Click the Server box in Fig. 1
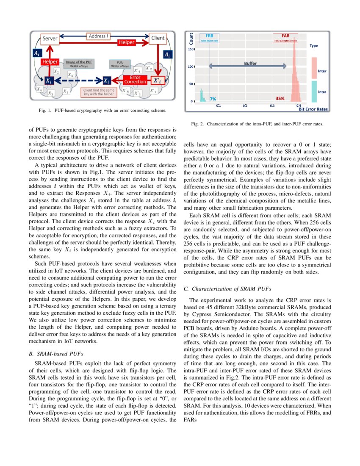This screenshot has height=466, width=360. (x=50, y=39)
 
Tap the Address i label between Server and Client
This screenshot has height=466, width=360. (x=98, y=36)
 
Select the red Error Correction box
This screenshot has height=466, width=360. (x=135, y=79)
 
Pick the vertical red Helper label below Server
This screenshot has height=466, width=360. (x=50, y=62)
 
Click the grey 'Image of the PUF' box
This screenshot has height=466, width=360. (x=78, y=64)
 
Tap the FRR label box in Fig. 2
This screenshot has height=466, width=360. (x=209, y=38)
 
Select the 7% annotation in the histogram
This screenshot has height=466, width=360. (x=213, y=99)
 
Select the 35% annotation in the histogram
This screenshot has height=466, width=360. (x=280, y=99)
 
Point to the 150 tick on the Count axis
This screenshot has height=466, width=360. (x=191, y=49)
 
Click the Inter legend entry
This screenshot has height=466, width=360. (x=321, y=71)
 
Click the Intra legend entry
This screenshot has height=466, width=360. (x=321, y=92)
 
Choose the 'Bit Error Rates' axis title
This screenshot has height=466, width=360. (x=313, y=109)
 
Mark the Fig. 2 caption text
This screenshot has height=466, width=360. (x=258, y=124)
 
